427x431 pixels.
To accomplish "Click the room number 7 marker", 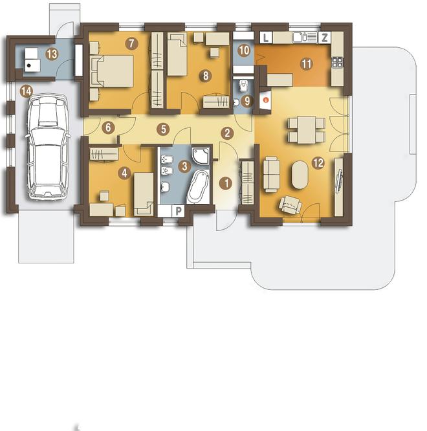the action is [131, 43].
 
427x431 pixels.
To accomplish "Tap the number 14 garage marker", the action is [27, 91].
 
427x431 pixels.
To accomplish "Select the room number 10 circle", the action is [245, 50].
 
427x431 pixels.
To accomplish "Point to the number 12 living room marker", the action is [318, 163].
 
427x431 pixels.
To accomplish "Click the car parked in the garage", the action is [47, 147].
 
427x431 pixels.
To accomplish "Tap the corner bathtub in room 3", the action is [197, 187].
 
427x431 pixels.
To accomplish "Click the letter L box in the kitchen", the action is [266, 38].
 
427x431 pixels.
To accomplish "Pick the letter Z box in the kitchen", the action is [325, 38].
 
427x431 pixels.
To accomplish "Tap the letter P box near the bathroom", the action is [179, 211].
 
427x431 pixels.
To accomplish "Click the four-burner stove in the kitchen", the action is [338, 62].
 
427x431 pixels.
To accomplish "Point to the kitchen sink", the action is [300, 37].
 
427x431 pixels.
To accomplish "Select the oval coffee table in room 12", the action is [300, 175].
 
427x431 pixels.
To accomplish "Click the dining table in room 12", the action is [307, 130].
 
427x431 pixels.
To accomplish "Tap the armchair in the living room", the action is [290, 204].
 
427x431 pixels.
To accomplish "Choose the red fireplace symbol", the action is [265, 100].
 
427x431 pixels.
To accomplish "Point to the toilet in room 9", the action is [243, 85].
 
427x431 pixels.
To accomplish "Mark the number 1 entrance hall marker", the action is [226, 183].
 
